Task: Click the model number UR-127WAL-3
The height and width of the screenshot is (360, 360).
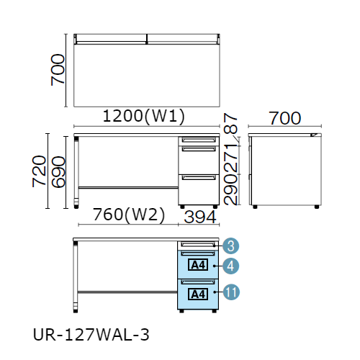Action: tap(91, 335)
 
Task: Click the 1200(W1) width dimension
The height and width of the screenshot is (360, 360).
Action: tap(144, 116)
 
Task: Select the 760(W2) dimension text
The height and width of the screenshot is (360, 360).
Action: tap(129, 215)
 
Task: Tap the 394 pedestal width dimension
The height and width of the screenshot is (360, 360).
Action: tap(200, 217)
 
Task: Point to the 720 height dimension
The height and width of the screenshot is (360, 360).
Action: tap(39, 171)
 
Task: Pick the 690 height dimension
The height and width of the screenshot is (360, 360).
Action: tap(58, 172)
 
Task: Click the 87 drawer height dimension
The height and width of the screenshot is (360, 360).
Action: tap(230, 123)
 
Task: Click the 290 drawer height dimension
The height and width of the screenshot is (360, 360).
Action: tap(230, 190)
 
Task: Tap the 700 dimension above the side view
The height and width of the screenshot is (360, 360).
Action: tap(284, 118)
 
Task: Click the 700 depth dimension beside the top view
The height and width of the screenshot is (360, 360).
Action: tap(58, 70)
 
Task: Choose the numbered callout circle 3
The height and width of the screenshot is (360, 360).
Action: tap(230, 246)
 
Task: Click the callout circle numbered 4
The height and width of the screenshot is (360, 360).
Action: tap(230, 266)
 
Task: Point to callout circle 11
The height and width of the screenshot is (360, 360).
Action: tap(231, 292)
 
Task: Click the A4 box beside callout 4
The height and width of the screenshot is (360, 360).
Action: tap(198, 265)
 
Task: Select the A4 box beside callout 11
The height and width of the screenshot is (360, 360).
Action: tap(198, 294)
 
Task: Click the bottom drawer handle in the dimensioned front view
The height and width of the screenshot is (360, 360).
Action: tap(199, 178)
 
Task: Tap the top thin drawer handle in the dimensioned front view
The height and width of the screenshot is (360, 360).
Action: tap(199, 140)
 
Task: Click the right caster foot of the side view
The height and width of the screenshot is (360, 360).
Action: tap(317, 207)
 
